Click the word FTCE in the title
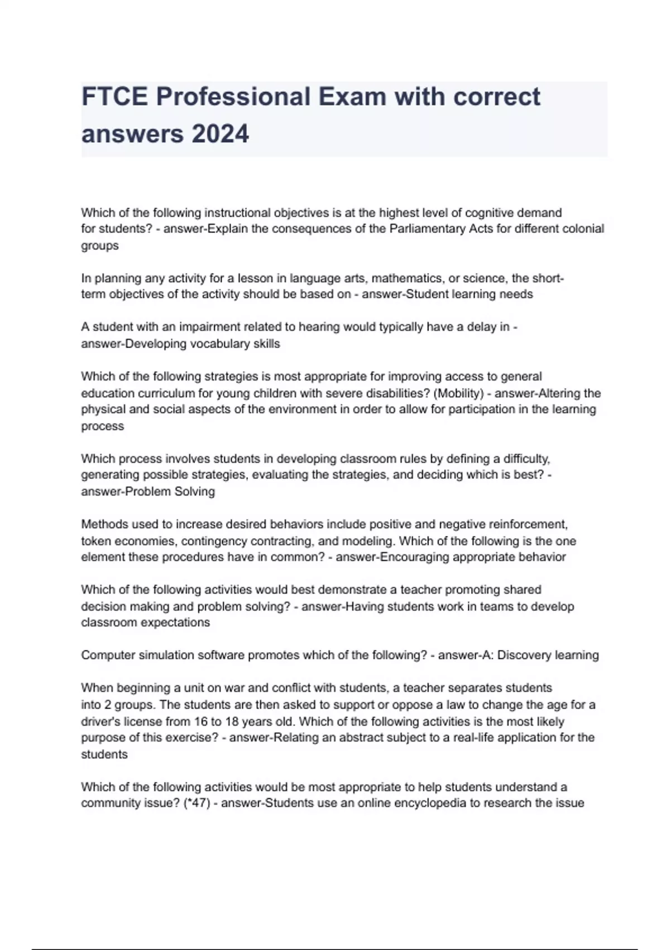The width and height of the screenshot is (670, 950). click(x=114, y=97)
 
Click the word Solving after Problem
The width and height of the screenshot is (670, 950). click(x=194, y=492)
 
